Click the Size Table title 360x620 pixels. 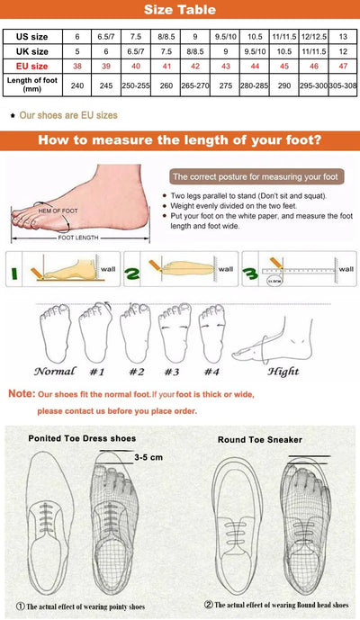180,11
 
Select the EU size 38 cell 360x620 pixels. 76,67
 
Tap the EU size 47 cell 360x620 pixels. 342,67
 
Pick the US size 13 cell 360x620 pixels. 342,37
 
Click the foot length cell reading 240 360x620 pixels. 76,85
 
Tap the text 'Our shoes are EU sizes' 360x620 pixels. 68,115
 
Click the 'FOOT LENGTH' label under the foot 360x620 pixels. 79,238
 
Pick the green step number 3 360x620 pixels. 249,273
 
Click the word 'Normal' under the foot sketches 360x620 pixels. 55,371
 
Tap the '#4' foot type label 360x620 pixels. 211,371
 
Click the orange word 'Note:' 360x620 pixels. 21,394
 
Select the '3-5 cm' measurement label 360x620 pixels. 148,457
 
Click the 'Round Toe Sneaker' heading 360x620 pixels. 260,439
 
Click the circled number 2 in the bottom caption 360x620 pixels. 208,604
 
